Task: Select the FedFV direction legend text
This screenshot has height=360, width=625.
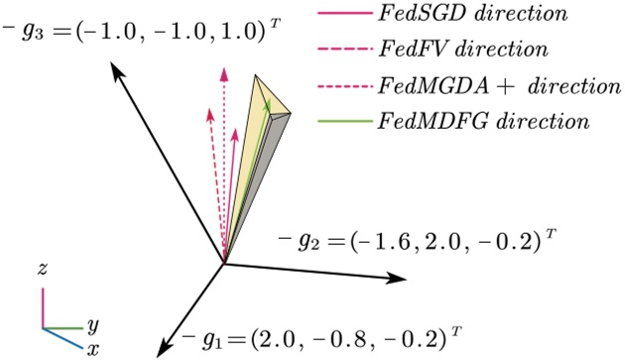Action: (435, 51)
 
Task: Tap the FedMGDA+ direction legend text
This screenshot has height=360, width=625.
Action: (471, 87)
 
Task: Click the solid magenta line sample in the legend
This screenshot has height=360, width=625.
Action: (344, 16)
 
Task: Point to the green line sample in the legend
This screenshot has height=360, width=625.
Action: (344, 123)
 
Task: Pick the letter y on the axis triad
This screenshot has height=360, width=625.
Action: (92, 324)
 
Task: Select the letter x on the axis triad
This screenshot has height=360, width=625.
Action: (92, 348)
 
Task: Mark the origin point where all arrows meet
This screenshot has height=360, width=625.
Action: (225, 263)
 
